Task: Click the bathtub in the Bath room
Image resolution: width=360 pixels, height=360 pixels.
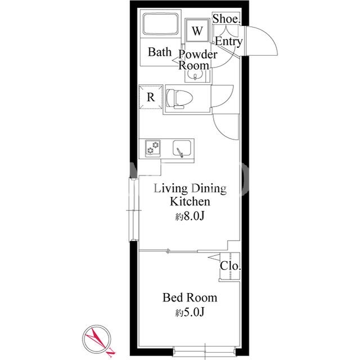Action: point(160,24)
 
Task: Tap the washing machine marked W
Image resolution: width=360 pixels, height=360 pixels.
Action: point(197,30)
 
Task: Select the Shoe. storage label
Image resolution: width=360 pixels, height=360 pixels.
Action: point(226,19)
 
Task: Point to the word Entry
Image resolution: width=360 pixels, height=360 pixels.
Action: point(229,42)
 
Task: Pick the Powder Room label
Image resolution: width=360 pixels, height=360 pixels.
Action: point(197,60)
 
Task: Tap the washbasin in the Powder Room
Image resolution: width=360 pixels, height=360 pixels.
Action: point(195,75)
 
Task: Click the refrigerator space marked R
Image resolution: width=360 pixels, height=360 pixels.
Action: point(151,97)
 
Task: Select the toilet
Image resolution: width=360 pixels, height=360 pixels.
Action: point(179,99)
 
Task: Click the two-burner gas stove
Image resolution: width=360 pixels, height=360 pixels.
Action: point(152,148)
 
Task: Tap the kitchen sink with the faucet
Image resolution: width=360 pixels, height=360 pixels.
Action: point(182,148)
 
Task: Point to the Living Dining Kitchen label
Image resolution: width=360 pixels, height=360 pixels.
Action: point(190,195)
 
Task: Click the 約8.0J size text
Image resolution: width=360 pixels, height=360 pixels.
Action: point(190,216)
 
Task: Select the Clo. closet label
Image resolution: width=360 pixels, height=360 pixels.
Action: point(230,266)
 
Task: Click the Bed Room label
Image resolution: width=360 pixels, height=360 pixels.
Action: point(190,298)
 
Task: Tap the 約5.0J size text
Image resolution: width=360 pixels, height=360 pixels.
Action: point(190,312)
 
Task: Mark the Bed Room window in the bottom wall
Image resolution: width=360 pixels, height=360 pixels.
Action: point(205,352)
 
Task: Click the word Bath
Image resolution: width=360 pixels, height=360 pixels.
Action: point(160,52)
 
